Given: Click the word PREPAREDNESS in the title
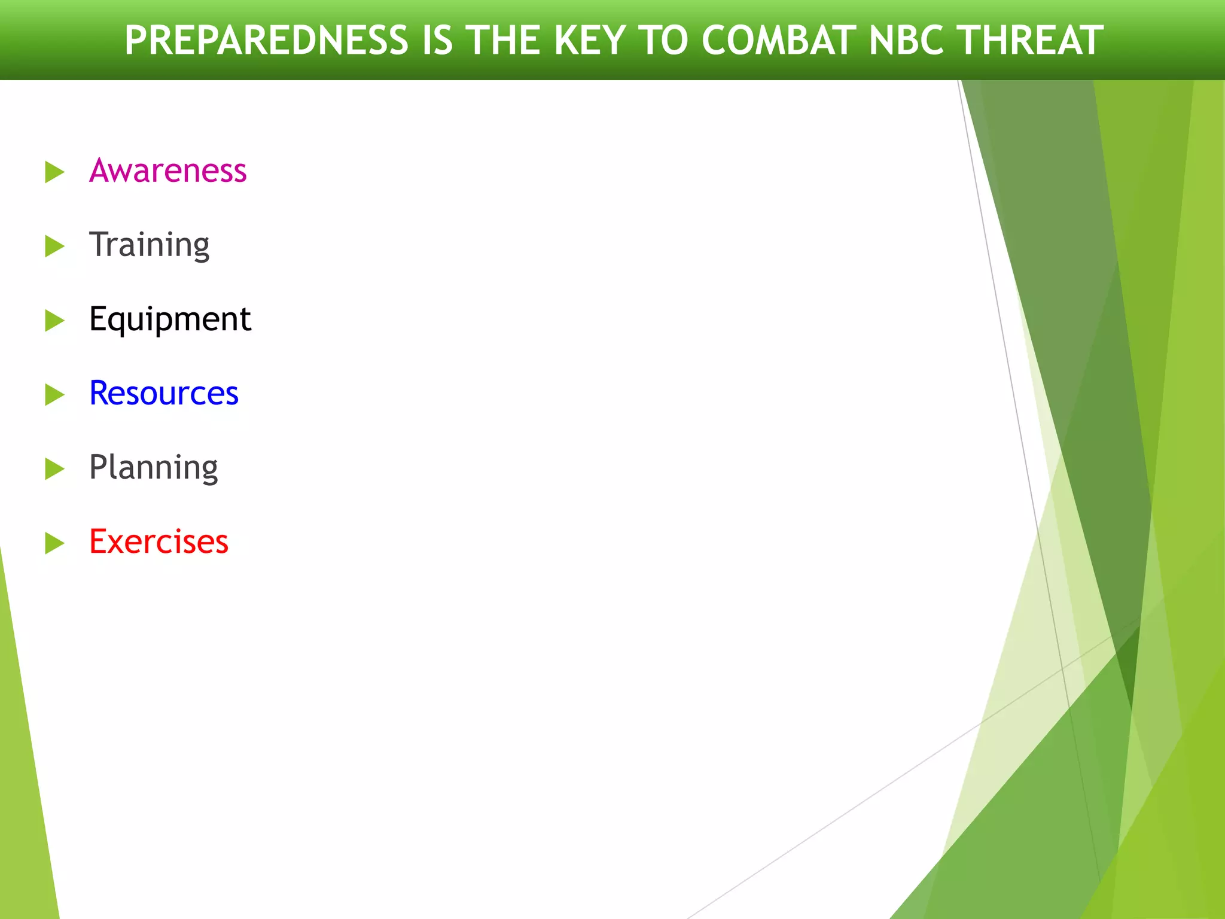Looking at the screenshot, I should [x=266, y=41].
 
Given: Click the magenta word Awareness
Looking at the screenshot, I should [x=167, y=171].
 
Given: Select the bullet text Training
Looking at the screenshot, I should [x=149, y=245].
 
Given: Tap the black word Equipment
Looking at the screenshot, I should [x=170, y=319].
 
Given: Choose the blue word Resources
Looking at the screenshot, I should [x=163, y=393].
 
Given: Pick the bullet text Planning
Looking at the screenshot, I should [x=153, y=467].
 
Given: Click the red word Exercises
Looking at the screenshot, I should [x=159, y=541].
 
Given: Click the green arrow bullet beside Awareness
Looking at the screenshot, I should [x=54, y=172].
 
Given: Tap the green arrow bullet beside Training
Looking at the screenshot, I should [x=54, y=247].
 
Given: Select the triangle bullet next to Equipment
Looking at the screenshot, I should [x=54, y=321].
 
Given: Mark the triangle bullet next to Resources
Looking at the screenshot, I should [x=54, y=395].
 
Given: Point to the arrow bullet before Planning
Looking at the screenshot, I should [x=54, y=469].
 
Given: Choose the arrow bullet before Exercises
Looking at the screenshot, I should [x=54, y=543].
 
